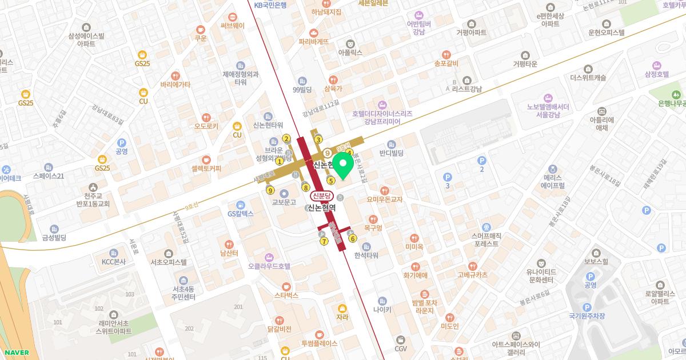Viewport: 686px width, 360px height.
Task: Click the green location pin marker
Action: point(342,165)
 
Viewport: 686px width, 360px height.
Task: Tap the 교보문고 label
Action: point(284,202)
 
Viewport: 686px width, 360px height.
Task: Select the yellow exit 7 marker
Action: point(324,241)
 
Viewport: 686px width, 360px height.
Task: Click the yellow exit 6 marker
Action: point(353,239)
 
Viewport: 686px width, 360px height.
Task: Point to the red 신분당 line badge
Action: point(321,196)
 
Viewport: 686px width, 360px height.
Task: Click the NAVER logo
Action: point(14,353)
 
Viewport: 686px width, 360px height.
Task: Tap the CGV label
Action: point(400,348)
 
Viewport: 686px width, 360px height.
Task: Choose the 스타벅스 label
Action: point(286,295)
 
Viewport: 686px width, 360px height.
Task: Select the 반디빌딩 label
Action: point(392,153)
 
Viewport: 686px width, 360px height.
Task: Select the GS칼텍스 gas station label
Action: point(241,214)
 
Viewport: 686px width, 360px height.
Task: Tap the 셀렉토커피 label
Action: point(206,168)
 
